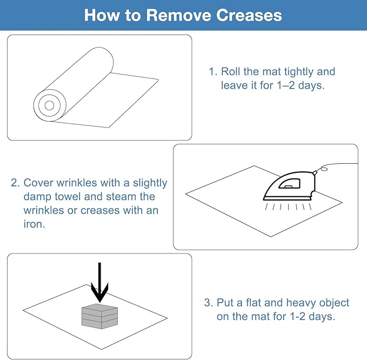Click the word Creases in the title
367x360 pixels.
pos(249,15)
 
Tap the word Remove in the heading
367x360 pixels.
pos(178,15)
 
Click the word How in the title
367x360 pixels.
pos(102,15)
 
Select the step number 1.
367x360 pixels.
pos(213,72)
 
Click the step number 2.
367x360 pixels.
pos(15,183)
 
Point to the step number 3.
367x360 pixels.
pos(208,302)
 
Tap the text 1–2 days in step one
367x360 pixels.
pos(301,85)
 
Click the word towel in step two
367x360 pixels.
pos(68,196)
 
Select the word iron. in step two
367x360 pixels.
pos(34,224)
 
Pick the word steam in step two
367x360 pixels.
pos(121,196)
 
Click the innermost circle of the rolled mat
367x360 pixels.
pos(49,105)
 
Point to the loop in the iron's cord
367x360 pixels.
pos(324,169)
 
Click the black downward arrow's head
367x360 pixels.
pos(99,293)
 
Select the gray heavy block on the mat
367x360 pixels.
pos(99,316)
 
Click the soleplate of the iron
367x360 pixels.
pos(287,199)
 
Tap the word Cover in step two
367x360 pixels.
pos(38,183)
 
